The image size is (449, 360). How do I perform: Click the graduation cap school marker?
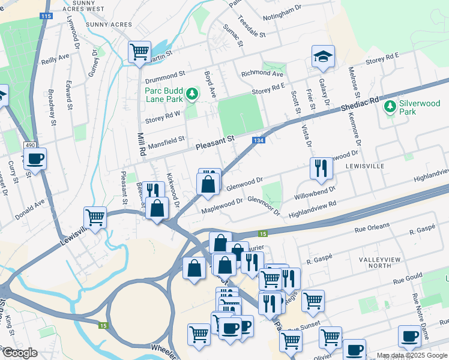(x=322, y=56)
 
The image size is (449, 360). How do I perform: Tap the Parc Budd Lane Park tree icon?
(x=191, y=94)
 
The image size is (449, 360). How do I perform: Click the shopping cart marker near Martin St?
(x=139, y=51)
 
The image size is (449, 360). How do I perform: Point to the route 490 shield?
(x=29, y=145)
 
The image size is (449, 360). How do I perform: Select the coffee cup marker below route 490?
(x=35, y=160)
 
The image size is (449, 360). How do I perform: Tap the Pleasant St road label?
(x=214, y=143)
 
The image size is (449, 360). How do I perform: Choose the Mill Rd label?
(x=142, y=145)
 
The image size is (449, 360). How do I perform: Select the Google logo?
(x=20, y=353)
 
